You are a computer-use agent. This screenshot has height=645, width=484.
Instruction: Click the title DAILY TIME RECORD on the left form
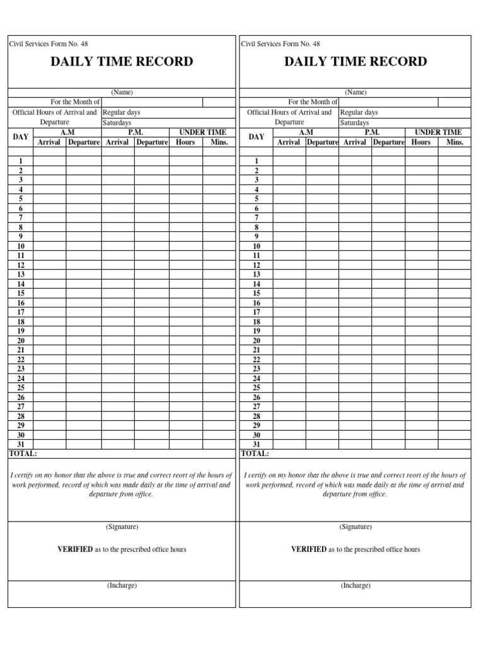122,62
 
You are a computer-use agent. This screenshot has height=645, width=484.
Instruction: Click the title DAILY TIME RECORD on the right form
355,62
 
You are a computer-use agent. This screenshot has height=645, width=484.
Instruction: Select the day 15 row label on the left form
21,294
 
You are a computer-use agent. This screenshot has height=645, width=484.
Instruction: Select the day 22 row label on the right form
256,360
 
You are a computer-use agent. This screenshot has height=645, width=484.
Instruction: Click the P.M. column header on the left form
135,132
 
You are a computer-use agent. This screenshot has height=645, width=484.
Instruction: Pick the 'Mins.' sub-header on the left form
219,142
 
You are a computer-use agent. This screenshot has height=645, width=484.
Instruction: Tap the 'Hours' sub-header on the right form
421,142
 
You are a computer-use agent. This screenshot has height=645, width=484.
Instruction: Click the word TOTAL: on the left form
23,454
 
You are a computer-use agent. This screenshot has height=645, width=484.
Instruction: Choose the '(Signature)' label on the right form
355,527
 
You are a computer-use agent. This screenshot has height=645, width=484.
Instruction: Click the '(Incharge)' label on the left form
122,585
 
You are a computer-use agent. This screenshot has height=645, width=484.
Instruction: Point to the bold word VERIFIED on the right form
308,549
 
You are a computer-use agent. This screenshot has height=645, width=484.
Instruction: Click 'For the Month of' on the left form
75,102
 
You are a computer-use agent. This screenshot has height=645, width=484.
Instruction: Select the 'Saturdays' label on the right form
354,123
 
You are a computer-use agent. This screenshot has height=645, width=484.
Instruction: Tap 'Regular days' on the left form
121,113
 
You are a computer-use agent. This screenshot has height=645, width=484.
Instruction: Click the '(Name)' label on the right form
355,92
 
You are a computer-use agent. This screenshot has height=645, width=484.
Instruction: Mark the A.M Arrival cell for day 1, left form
49,161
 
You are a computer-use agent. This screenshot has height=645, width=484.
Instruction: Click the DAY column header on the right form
256,137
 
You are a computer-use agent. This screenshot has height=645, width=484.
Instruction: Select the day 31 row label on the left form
21,444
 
